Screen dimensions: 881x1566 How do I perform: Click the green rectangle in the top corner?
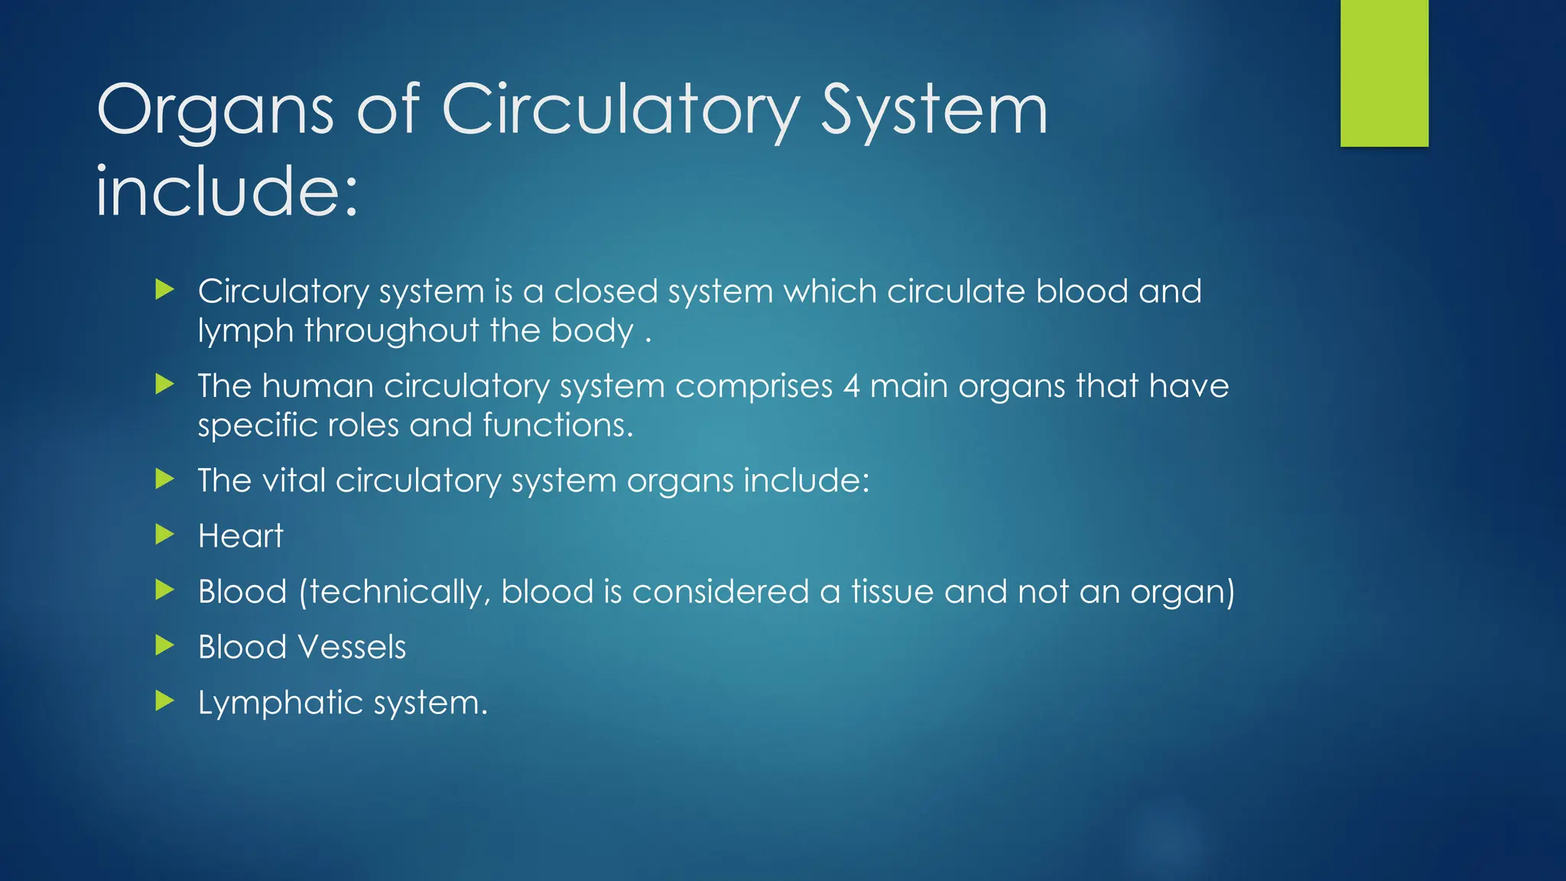click(x=1384, y=73)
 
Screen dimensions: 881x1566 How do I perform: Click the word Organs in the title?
click(x=216, y=112)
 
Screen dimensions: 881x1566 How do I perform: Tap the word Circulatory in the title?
click(x=620, y=112)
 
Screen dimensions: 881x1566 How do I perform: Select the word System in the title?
click(x=934, y=112)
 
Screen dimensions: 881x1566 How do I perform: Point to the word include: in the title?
click(x=227, y=191)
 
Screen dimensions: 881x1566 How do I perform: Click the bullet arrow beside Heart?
click(x=164, y=534)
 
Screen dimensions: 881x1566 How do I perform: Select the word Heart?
click(x=240, y=535)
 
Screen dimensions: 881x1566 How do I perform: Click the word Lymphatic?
click(x=270, y=703)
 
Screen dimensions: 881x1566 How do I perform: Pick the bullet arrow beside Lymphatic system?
click(x=164, y=700)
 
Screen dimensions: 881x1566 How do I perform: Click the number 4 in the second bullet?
click(x=852, y=386)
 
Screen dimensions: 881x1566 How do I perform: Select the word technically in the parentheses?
click(x=396, y=593)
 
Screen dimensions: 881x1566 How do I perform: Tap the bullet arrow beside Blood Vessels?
click(x=164, y=645)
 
